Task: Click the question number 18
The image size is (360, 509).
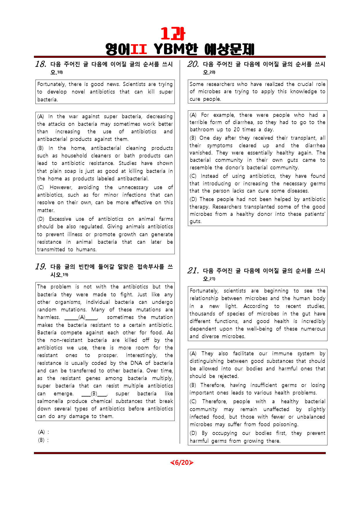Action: pos(41,64)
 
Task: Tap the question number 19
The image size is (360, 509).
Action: pos(41,267)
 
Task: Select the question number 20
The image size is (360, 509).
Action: pos(193,64)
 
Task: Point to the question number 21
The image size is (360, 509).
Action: pos(193,271)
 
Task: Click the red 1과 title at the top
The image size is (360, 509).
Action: pos(173,34)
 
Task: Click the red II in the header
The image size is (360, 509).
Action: pos(138,49)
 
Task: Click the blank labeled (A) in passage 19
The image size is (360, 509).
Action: pos(81,318)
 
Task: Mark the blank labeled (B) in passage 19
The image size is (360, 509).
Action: pos(94,394)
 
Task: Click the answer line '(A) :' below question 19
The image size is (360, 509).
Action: pos(44,432)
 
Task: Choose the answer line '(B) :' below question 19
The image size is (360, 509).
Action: pos(44,440)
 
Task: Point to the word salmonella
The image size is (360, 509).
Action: pos(50,401)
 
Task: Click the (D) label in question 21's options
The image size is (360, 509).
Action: pos(193,433)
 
